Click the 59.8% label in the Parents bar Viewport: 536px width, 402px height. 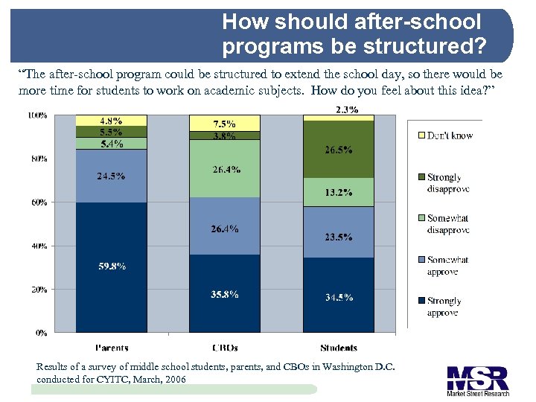(111, 266)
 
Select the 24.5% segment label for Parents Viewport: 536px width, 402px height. (111, 176)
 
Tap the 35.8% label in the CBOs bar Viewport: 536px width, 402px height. (224, 294)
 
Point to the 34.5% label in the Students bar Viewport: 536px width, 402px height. (338, 297)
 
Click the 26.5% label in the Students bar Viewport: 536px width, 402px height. (338, 150)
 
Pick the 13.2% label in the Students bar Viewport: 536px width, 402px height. (338, 193)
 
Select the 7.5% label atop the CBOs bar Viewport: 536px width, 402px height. (224, 124)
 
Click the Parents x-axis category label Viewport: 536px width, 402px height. (111, 348)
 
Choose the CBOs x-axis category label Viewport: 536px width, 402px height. (224, 348)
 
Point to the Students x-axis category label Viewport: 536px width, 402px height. (338, 348)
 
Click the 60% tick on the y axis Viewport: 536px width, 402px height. (37, 202)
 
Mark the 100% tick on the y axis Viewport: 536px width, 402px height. (37, 115)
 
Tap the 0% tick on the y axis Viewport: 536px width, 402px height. (41, 333)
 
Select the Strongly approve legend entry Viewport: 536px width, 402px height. (444, 307)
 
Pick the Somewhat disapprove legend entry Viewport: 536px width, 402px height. (447, 224)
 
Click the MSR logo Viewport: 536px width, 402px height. (477, 380)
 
